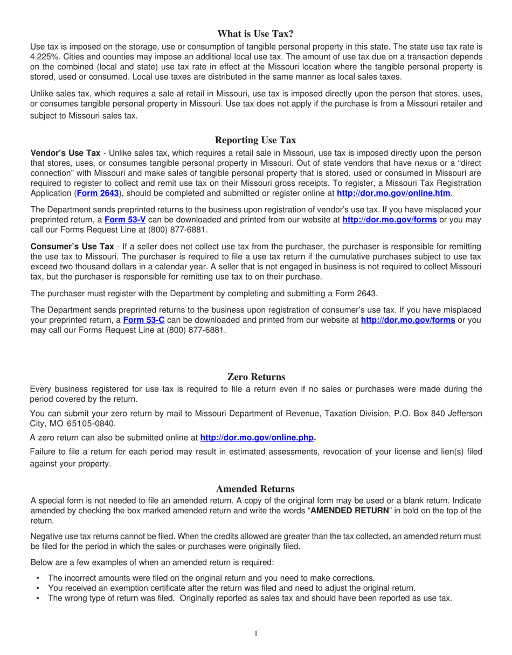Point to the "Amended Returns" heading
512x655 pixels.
pyautogui.click(x=255, y=489)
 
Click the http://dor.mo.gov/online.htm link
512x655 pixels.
pyautogui.click(x=393, y=192)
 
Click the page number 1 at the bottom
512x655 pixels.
pyautogui.click(x=256, y=634)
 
